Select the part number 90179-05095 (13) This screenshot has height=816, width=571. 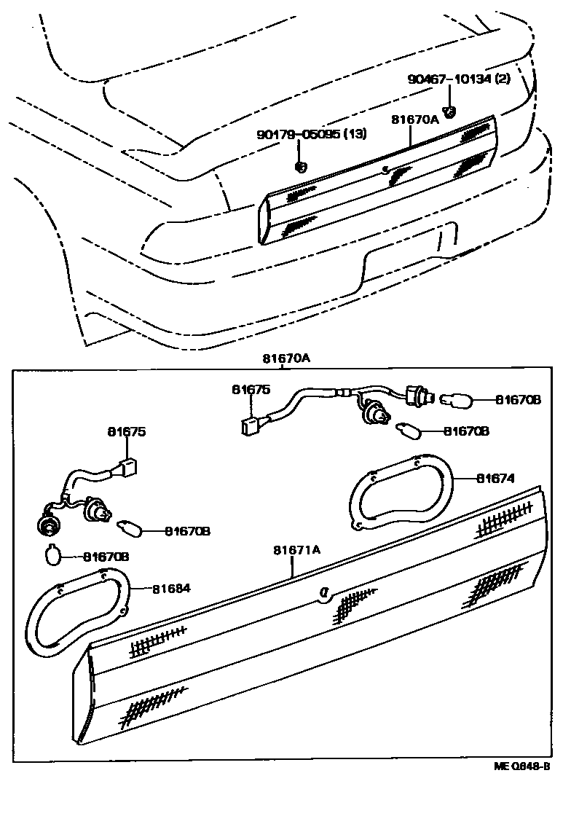tap(311, 135)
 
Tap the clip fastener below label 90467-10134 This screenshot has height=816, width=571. tap(450, 111)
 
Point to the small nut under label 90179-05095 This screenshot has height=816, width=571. tap(300, 166)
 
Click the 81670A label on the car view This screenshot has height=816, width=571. tap(415, 119)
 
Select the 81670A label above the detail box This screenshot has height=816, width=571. tap(286, 358)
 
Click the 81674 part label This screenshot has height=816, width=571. tap(496, 479)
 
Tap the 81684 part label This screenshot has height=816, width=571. tap(171, 588)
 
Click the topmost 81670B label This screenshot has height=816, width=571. tap(519, 399)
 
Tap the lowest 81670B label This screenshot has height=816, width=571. tap(106, 557)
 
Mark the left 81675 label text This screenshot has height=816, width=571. tap(127, 432)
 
